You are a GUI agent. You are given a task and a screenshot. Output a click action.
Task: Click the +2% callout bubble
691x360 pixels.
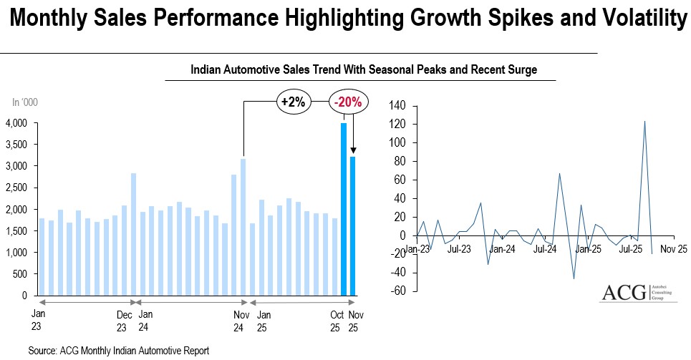[293, 102]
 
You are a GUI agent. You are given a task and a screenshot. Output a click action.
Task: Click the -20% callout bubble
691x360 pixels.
[348, 102]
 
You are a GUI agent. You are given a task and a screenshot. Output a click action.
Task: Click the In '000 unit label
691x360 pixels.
[25, 102]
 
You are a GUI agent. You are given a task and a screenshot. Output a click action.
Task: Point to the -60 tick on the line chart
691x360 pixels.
[398, 291]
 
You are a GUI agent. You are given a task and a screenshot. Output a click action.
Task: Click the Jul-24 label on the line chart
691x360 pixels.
[546, 250]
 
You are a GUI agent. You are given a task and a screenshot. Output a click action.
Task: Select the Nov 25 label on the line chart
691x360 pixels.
[673, 250]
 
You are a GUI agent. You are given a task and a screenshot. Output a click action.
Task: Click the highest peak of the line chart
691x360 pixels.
[644, 121]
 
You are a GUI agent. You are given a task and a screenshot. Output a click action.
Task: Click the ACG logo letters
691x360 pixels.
[622, 294]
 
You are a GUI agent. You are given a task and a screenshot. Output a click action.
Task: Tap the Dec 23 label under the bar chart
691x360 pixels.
[125, 321]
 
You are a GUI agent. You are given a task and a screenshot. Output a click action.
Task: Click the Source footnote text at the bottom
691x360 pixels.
[119, 351]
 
